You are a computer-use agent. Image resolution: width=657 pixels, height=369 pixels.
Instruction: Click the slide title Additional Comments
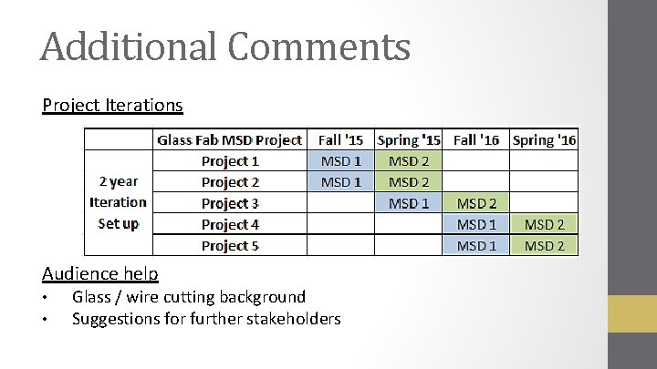224,46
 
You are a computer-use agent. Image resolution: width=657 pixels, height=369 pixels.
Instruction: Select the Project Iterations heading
112,105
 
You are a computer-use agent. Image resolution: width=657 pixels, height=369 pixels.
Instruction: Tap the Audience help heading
99,273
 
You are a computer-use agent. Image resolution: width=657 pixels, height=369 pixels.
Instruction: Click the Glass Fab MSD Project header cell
229,139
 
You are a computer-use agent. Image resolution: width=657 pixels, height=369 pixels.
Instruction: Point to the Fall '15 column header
341,139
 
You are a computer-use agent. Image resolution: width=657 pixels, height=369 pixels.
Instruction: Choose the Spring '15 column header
408,139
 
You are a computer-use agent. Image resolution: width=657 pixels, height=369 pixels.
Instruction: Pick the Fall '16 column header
475,139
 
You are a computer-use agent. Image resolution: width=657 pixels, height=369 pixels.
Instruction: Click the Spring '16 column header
544,139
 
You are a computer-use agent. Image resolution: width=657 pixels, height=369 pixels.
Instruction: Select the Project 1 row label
230,161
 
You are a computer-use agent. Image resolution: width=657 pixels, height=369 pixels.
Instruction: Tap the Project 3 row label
230,203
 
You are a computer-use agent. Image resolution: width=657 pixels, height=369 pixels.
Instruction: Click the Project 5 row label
230,245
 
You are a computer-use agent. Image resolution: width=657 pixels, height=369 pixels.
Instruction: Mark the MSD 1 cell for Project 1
341,161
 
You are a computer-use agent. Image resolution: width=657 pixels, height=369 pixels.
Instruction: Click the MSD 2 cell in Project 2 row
408,182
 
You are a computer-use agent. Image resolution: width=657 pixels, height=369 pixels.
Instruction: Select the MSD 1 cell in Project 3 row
408,203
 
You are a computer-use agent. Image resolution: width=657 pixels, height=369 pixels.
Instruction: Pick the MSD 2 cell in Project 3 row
475,203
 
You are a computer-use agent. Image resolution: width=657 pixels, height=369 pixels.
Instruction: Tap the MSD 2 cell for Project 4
544,224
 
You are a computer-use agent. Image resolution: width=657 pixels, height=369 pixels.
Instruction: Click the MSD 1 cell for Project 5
475,245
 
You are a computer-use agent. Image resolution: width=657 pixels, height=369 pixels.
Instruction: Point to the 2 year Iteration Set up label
118,202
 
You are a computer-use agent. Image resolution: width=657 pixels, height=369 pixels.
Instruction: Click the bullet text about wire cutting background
188,296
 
